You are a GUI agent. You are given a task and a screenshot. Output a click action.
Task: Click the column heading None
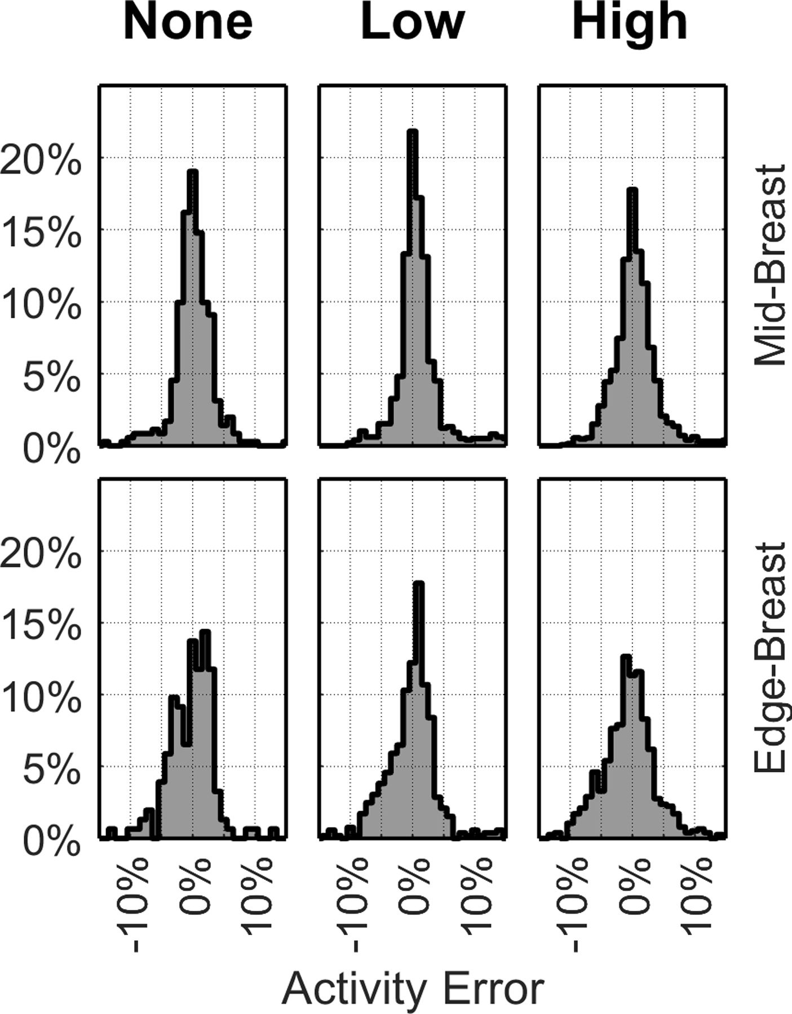point(188,23)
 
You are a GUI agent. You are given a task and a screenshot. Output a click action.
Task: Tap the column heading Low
point(413,23)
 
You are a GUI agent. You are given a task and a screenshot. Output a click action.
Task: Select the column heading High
point(630,23)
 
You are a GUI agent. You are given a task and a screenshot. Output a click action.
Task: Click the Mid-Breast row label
point(769,265)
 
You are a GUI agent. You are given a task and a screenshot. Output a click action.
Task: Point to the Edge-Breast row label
point(769,657)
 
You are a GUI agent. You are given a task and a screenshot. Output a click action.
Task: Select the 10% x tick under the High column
point(698,896)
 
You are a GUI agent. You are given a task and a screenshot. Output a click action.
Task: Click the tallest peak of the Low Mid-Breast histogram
point(413,132)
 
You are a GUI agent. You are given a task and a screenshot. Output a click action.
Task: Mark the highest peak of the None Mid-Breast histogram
point(193,171)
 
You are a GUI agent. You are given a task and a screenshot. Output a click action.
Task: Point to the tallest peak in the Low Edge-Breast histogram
point(418,584)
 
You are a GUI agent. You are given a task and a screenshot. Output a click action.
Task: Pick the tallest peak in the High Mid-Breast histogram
point(632,190)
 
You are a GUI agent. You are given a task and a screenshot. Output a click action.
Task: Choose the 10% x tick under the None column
point(258,896)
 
